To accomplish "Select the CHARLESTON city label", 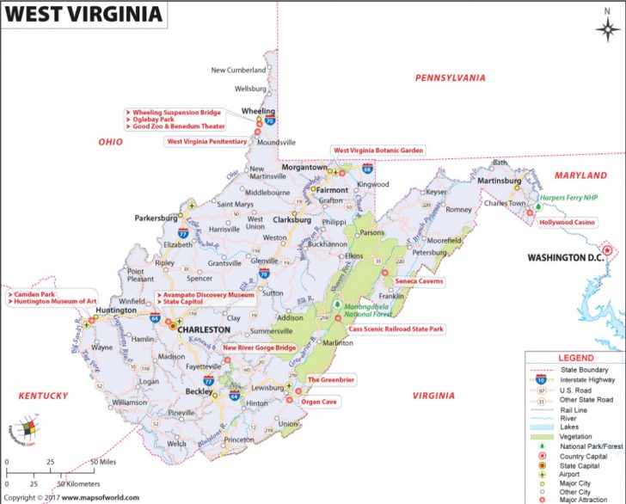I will (x=203, y=329).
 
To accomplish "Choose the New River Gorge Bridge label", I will (x=259, y=348).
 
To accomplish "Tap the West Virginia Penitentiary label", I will (x=206, y=141).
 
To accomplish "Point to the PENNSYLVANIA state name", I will (x=450, y=77).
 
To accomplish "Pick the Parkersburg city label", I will (x=156, y=218).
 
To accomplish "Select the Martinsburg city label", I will (x=500, y=181).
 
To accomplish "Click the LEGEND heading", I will (x=575, y=358).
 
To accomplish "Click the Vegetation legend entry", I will (x=578, y=438).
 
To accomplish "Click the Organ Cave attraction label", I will (x=318, y=402).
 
